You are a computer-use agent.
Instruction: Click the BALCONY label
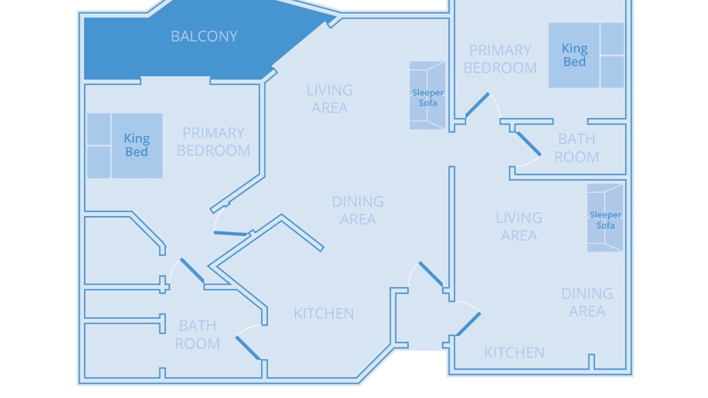click(x=204, y=36)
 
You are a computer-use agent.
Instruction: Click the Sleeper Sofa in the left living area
click(x=428, y=96)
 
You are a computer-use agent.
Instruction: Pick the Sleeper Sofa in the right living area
click(x=605, y=218)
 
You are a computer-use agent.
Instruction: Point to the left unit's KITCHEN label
click(x=324, y=313)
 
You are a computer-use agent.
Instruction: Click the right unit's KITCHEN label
click(x=514, y=353)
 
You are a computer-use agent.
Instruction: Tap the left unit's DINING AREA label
click(x=358, y=211)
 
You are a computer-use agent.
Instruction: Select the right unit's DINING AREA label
click(x=587, y=302)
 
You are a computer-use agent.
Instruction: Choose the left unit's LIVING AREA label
click(x=330, y=99)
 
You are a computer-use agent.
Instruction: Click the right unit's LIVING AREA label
click(x=519, y=227)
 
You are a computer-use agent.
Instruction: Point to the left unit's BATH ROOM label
click(x=197, y=334)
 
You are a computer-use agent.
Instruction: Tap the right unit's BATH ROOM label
click(x=577, y=148)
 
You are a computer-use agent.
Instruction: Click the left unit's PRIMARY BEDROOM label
click(x=214, y=142)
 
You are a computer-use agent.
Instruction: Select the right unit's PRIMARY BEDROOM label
click(x=500, y=59)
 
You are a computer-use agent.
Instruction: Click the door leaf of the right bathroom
click(x=528, y=144)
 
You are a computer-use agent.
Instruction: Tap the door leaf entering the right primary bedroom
click(x=477, y=104)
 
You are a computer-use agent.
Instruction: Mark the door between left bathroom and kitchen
click(x=248, y=348)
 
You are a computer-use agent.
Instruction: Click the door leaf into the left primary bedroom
click(x=231, y=233)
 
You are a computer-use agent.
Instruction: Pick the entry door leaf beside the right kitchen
click(x=468, y=324)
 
